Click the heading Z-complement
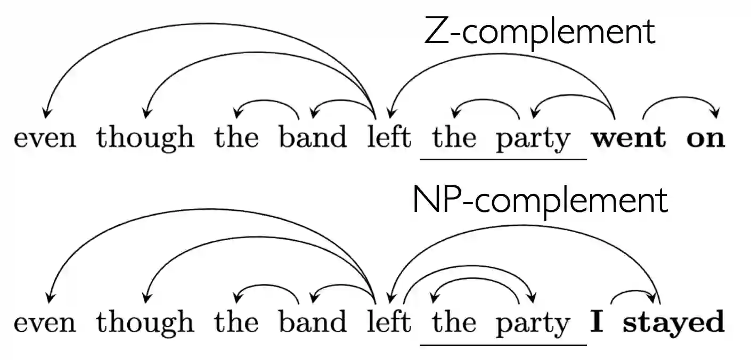[x=539, y=32]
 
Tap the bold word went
[x=628, y=137]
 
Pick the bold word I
[x=597, y=322]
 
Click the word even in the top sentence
[x=45, y=138]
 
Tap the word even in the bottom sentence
[x=45, y=323]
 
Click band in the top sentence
[x=313, y=137]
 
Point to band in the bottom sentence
[x=313, y=322]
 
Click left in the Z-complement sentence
[x=389, y=137]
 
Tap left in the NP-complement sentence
[x=389, y=322]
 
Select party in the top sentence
[x=533, y=140]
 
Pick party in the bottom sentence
[x=533, y=324]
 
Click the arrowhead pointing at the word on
[x=715, y=113]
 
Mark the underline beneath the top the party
[x=503, y=159]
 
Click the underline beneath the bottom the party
[x=503, y=345]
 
